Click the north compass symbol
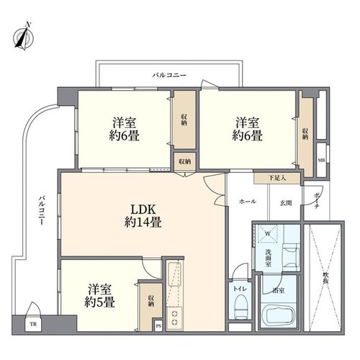point(23,37)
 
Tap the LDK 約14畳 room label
point(143,216)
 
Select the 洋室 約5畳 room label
point(99,296)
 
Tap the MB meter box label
point(321,160)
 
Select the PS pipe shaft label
point(158,326)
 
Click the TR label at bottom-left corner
point(33,324)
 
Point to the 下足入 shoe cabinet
point(277,179)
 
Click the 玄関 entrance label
point(286,203)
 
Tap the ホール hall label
point(248,202)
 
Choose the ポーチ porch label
point(317,199)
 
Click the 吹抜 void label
point(325,279)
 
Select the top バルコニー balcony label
point(169,75)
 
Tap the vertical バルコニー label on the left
point(42,210)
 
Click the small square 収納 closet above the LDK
point(185,161)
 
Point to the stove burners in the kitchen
point(175,318)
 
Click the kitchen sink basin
point(175,274)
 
